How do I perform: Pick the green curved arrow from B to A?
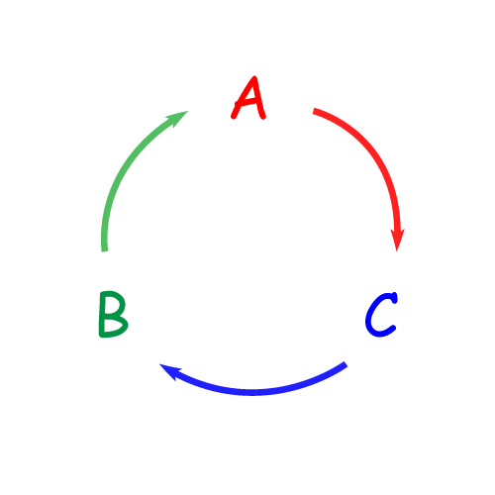125,165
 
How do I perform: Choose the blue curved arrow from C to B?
252,392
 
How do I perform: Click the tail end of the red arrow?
314,111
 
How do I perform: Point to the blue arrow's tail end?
346,364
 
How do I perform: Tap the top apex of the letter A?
254,78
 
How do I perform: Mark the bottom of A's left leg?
234,117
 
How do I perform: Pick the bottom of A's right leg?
263,117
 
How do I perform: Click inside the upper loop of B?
112,304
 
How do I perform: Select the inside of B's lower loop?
112,325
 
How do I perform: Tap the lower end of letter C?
393,328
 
